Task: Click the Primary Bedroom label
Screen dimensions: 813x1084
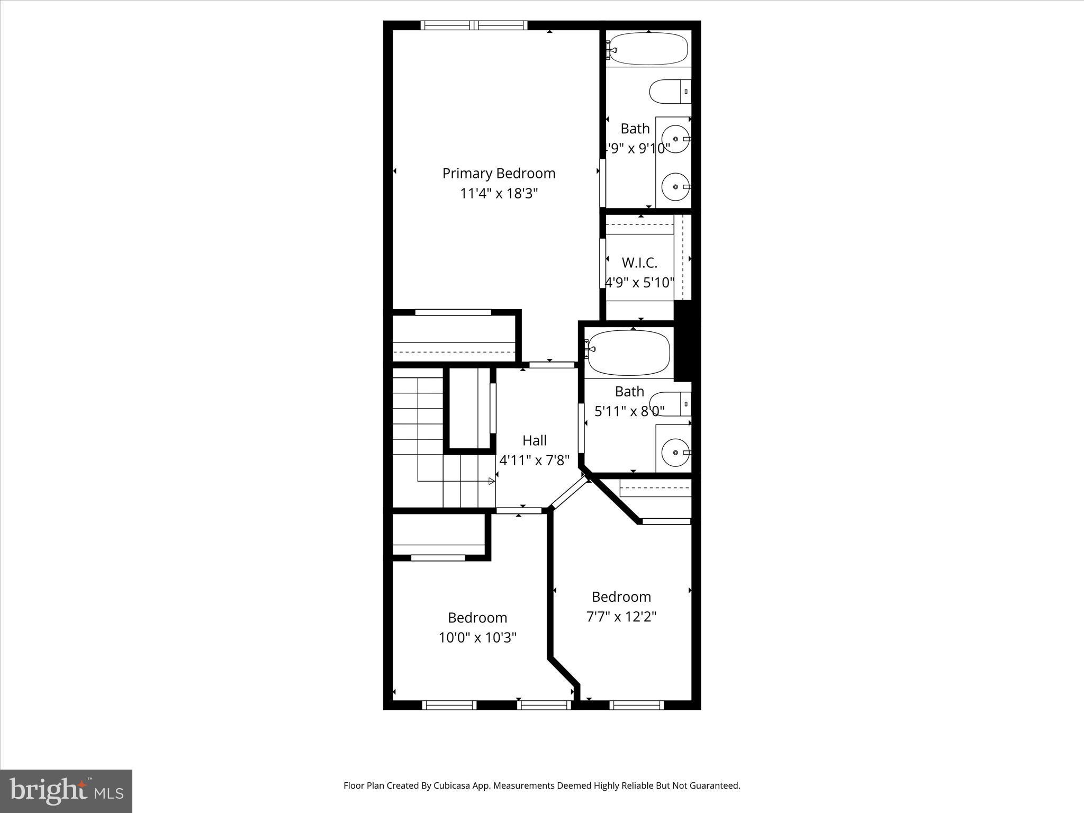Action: point(499,173)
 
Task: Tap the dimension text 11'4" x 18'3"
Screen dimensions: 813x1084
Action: point(499,193)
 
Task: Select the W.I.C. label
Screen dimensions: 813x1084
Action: point(639,263)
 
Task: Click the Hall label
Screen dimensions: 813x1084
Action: point(534,440)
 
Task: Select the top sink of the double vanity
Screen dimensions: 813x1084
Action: point(676,139)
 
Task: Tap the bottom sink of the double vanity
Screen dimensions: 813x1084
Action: point(676,187)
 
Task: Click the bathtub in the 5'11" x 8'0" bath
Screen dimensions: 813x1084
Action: point(629,353)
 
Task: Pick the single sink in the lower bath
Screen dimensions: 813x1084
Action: point(676,453)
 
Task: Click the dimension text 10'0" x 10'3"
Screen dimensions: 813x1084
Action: point(477,637)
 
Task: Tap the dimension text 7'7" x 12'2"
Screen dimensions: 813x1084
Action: point(621,617)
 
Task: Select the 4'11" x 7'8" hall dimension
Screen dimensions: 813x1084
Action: point(534,460)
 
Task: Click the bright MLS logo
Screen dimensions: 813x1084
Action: point(66,791)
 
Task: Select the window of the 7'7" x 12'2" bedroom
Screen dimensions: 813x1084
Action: point(636,705)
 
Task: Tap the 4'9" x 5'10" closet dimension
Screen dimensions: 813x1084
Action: point(639,283)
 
